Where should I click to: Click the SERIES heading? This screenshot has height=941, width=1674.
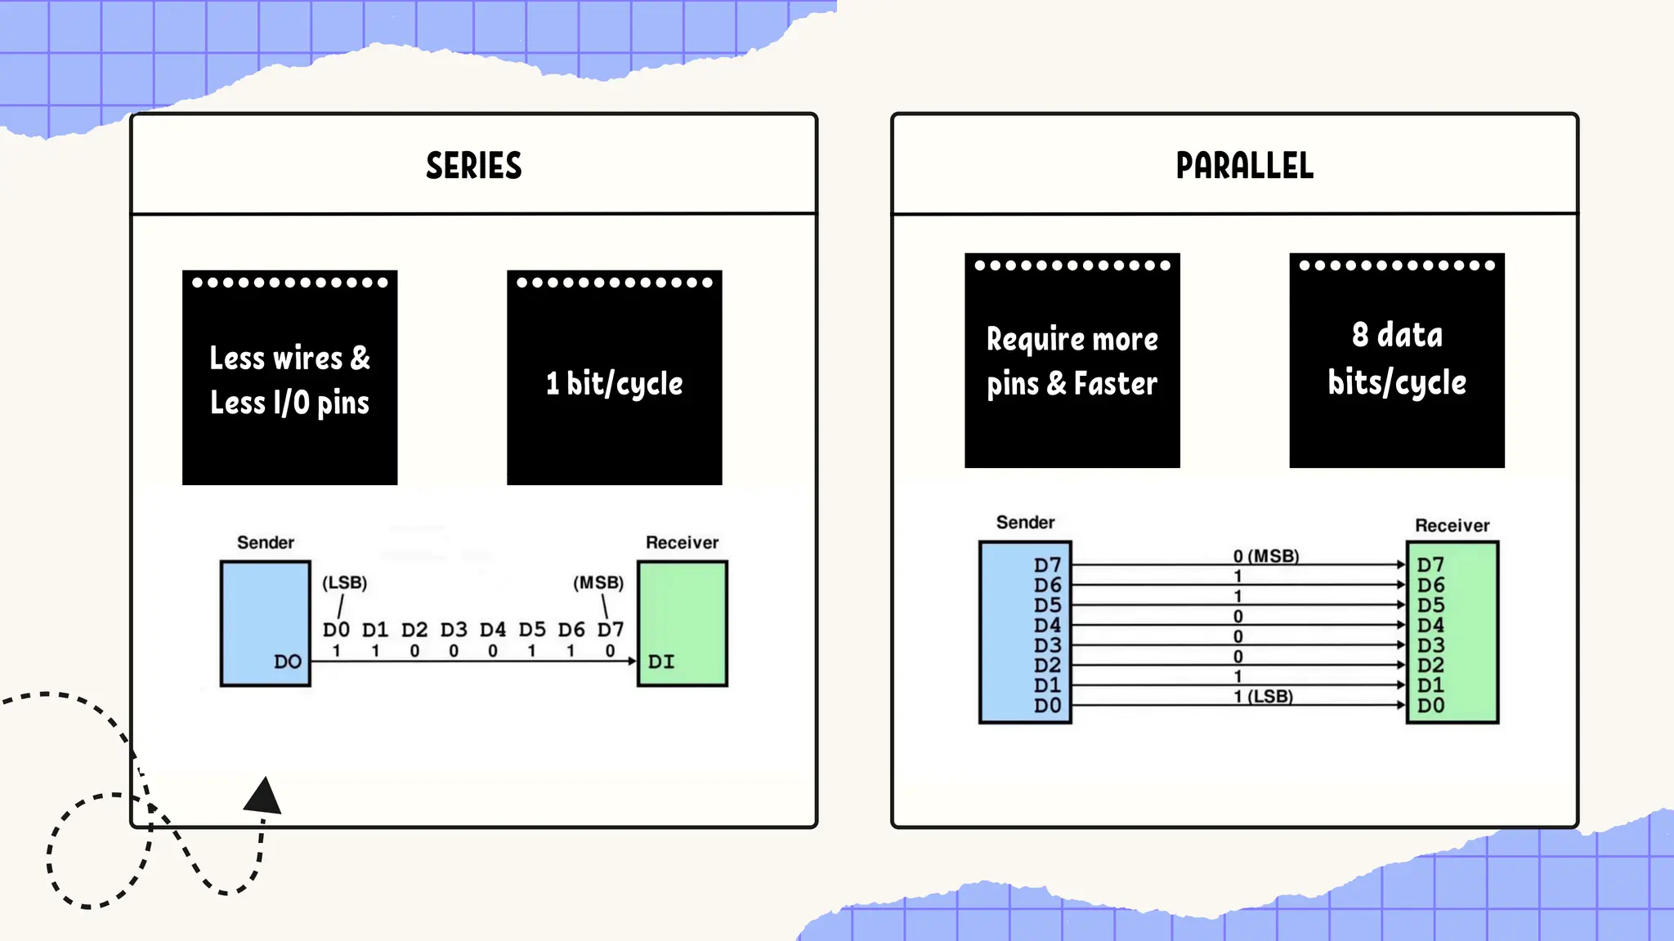(473, 166)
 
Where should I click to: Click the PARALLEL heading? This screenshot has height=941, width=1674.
(1244, 166)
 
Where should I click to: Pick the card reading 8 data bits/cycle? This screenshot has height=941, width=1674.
(1396, 360)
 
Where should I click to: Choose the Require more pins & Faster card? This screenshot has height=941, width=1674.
(1072, 360)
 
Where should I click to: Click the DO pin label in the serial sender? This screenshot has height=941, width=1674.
(288, 662)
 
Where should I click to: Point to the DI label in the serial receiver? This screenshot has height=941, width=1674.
(661, 662)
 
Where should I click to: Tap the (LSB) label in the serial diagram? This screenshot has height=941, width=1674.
(344, 582)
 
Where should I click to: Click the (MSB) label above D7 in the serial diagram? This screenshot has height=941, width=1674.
(598, 582)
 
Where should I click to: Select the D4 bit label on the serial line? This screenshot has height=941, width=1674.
(493, 630)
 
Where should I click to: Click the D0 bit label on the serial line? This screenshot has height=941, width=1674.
(336, 630)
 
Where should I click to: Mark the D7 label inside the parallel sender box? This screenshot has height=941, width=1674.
(1047, 565)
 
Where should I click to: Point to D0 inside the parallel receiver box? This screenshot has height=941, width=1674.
(1430, 706)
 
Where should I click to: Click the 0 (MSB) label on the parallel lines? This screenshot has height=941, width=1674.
(1266, 556)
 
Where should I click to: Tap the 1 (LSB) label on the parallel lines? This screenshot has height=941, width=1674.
(1264, 697)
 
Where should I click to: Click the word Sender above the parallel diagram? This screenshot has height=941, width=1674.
(1025, 523)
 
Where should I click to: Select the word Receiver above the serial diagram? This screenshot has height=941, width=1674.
(682, 542)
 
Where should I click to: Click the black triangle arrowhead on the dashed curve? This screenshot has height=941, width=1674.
(264, 796)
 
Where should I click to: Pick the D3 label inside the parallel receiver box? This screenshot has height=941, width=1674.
(1430, 645)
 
